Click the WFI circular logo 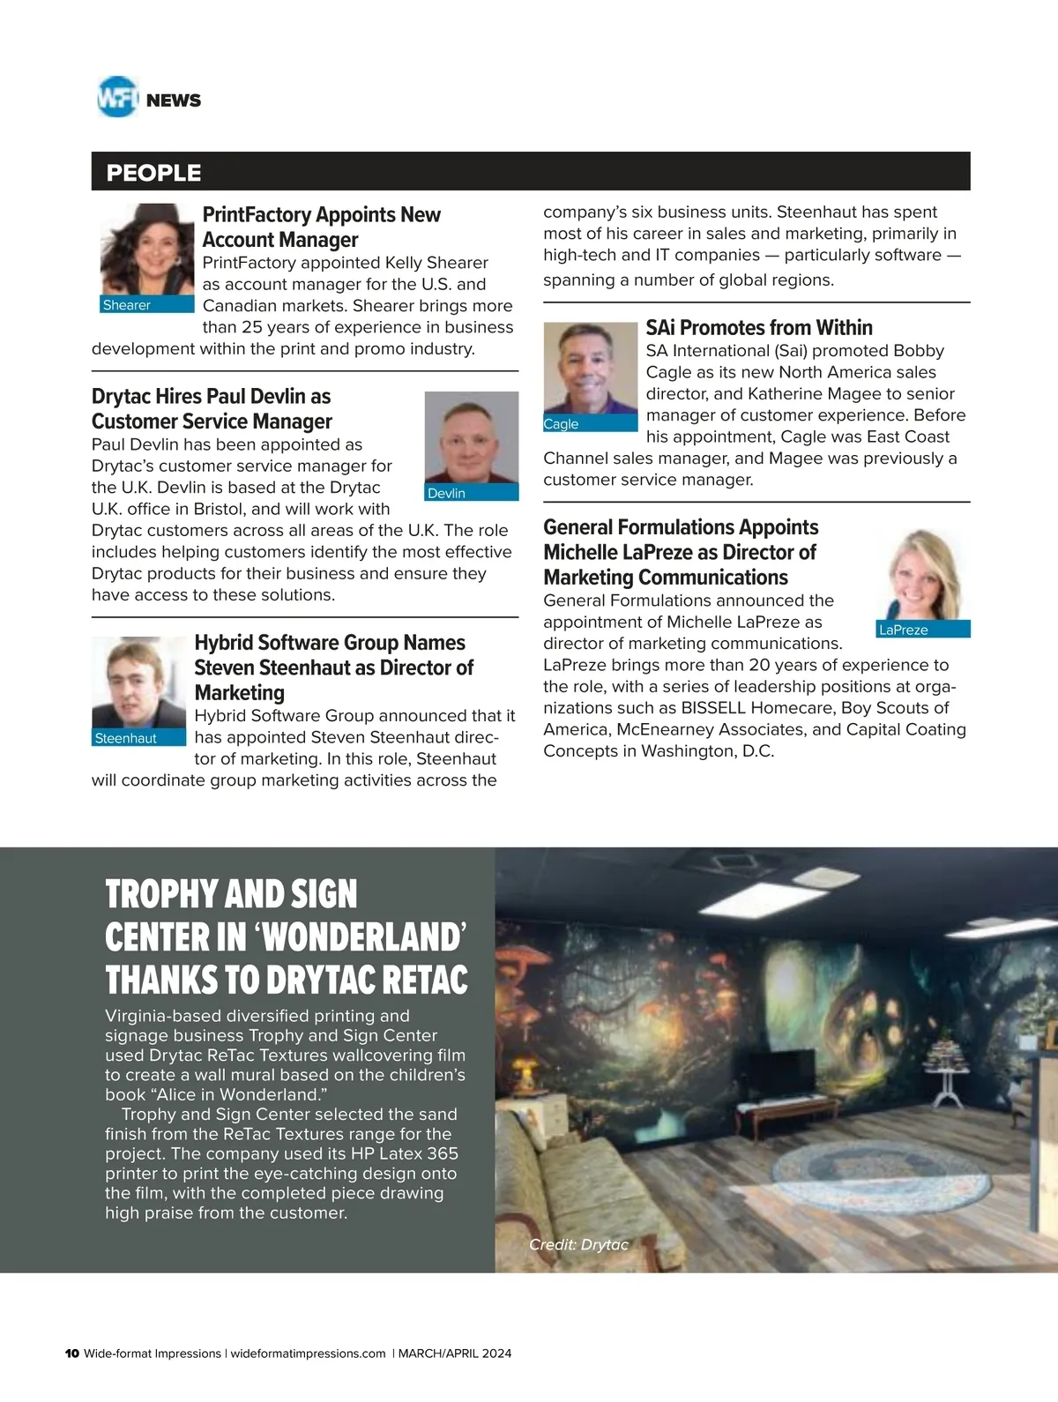click(x=117, y=97)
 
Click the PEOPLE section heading click(x=153, y=173)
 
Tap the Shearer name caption click(x=127, y=305)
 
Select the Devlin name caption click(x=446, y=493)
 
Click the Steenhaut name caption click(x=125, y=738)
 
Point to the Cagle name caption click(x=561, y=424)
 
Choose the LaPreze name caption click(x=903, y=630)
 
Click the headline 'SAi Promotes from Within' click(x=759, y=328)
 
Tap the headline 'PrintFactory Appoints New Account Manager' click(x=321, y=227)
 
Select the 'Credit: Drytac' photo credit click(x=578, y=1244)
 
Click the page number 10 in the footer click(x=72, y=1354)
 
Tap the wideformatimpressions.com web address click(x=308, y=1354)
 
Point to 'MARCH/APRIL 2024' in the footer click(x=455, y=1354)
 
